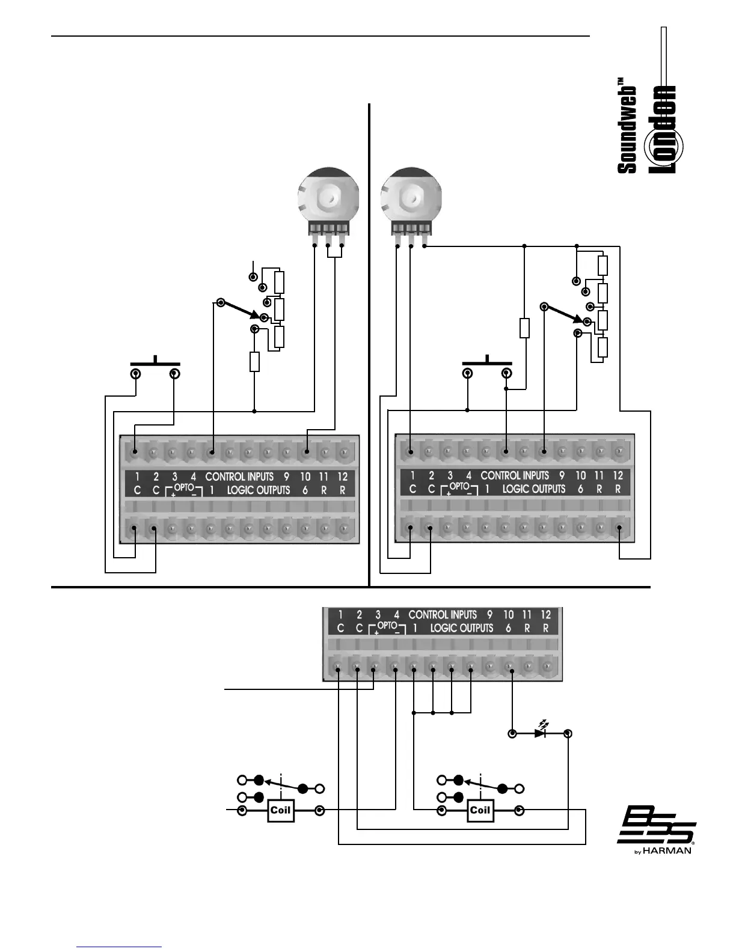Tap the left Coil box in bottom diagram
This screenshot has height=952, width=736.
tap(280, 810)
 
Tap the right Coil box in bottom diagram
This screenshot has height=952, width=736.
tap(480, 810)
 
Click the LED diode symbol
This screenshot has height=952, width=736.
tap(541, 733)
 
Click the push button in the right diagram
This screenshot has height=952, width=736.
tap(486, 363)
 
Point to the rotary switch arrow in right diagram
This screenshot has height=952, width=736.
tap(565, 313)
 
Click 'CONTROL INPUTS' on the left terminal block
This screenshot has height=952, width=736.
tap(239, 477)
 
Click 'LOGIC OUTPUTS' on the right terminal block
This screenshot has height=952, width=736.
tap(534, 489)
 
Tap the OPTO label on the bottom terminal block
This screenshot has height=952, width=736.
tap(387, 625)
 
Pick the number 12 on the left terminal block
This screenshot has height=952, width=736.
tap(342, 477)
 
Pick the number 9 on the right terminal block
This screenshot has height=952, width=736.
tap(562, 475)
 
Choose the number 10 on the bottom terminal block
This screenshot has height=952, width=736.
tap(509, 614)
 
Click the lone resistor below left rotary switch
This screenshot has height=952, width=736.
tap(254, 362)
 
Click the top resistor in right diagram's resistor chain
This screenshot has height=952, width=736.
tap(603, 265)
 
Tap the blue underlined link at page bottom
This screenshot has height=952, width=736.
tap(119, 947)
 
